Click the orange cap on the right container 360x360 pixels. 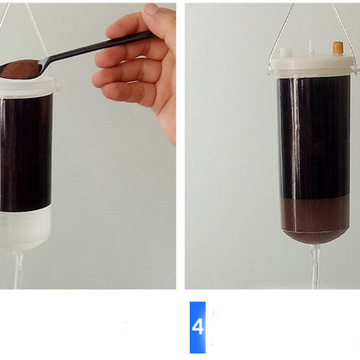[x=338, y=48]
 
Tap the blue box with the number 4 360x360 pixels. [x=198, y=327]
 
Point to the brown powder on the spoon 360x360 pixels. [x=18, y=69]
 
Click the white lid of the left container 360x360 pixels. [x=28, y=85]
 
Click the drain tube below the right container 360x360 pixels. [x=316, y=268]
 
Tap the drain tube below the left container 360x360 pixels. [x=18, y=270]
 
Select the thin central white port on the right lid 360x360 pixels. [x=311, y=48]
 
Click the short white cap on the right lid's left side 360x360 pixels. [x=285, y=52]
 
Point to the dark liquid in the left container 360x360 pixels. [x=26, y=152]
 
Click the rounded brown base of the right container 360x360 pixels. [x=316, y=237]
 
